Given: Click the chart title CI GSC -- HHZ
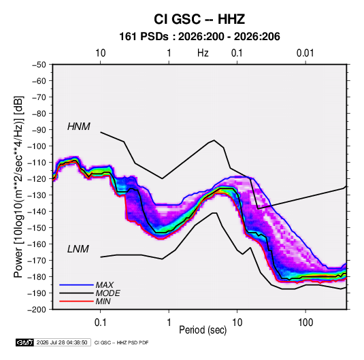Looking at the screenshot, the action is coord(199,19).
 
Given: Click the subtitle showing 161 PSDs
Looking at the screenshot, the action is coord(199,37).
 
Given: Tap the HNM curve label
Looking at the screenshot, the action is coord(79,127).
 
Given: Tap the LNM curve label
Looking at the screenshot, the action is coord(78,249).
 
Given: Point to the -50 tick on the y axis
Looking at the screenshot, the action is coord(39,65).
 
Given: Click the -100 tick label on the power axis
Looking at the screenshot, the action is coord(37,146).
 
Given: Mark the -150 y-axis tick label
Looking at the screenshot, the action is coord(37,227).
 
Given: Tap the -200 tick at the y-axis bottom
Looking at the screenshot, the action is coord(37,310).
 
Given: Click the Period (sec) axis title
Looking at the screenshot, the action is coord(203,330).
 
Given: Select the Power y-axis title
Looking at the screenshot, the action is coord(18,187).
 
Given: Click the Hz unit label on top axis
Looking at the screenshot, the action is coord(203,53).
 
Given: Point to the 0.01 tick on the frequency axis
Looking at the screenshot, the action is coord(305,53).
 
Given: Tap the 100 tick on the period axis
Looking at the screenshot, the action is coord(305,323).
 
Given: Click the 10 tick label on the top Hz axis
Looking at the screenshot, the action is coord(101,53).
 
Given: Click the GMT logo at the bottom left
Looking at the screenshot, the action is coord(25,342).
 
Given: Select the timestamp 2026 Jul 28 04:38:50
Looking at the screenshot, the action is coord(62,342).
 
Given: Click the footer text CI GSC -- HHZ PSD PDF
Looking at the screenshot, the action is coord(121,342).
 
